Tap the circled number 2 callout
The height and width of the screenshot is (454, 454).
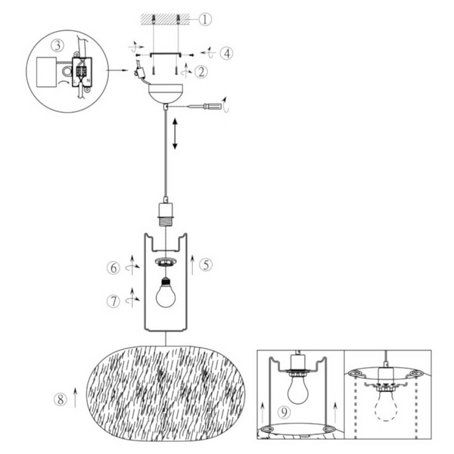click(201, 72)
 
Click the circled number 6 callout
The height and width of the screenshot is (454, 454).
click(113, 266)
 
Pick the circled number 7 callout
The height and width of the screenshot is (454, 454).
click(113, 300)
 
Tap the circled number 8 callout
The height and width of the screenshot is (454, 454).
click(59, 400)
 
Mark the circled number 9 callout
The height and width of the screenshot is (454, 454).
click(284, 412)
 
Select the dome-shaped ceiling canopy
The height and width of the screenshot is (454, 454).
click(165, 94)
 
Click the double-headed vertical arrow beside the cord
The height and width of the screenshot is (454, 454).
click(176, 135)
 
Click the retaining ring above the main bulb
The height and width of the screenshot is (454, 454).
click(165, 262)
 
